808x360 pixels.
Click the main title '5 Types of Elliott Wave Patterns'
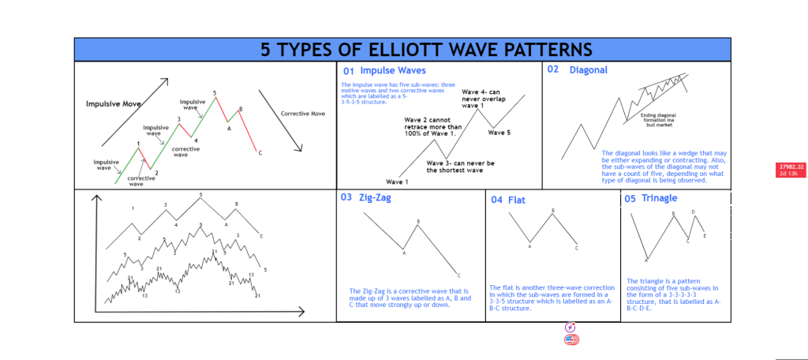pyautogui.click(x=403, y=50)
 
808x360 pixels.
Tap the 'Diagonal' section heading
pyautogui.click(x=589, y=70)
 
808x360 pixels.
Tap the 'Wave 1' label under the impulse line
pyautogui.click(x=398, y=182)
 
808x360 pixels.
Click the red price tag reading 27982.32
pyautogui.click(x=791, y=167)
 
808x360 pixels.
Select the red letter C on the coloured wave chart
pyautogui.click(x=260, y=153)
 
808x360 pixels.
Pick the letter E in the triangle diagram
pyautogui.click(x=705, y=236)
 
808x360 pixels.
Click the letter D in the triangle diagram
pyautogui.click(x=693, y=212)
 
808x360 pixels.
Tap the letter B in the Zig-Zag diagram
pyautogui.click(x=418, y=222)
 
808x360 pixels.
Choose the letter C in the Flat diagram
pyautogui.click(x=576, y=248)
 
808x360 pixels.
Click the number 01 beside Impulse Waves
pyautogui.click(x=348, y=70)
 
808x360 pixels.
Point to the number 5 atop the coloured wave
pyautogui.click(x=215, y=93)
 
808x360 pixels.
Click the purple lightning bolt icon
pyautogui.click(x=570, y=327)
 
